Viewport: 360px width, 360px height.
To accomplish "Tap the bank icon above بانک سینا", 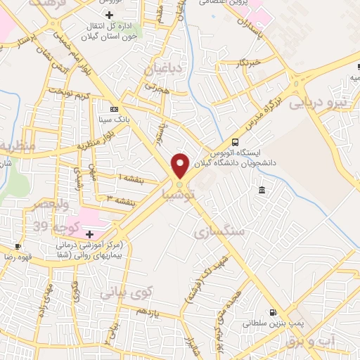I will pyautogui.click(x=115, y=109).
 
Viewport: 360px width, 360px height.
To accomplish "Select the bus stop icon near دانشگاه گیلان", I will pyautogui.click(x=235, y=141).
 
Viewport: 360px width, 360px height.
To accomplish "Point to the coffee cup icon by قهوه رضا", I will pyautogui.click(x=18, y=247).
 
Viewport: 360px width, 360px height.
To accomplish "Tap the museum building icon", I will pyautogui.click(x=262, y=191).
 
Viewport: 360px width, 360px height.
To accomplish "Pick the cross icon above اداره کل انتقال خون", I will pyautogui.click(x=108, y=15).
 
